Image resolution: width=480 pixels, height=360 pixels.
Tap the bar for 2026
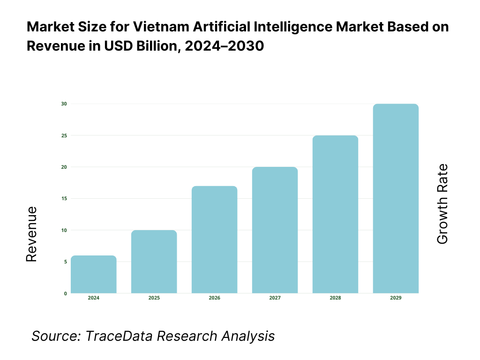215,240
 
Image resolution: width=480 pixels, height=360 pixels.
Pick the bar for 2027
275,230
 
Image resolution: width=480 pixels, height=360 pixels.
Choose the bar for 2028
336,214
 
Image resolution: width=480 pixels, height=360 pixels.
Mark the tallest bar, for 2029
396,198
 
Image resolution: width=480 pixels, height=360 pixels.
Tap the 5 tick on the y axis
65,262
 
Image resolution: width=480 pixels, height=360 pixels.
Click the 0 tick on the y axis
65,293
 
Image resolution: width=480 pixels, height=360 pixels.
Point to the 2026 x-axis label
215,298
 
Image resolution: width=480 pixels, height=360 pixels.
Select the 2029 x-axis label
396,298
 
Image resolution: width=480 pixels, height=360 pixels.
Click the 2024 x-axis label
94,298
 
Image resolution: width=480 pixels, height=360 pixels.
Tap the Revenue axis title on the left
31,234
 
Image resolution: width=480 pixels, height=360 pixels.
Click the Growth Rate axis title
442,204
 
